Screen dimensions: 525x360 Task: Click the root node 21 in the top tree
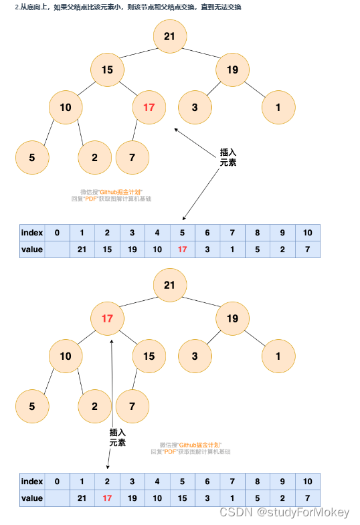point(169,36)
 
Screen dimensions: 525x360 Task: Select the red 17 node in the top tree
point(149,108)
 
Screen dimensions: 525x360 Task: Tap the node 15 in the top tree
point(107,70)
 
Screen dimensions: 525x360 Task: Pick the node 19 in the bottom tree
point(232,318)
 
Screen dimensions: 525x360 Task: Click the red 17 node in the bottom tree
point(107,318)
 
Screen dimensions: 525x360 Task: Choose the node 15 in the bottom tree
point(149,356)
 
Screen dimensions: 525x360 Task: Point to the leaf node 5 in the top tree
point(31,158)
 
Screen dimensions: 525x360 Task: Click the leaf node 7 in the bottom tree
point(132,406)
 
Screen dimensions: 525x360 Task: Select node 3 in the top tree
point(194,108)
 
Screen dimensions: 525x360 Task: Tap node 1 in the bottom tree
point(278,356)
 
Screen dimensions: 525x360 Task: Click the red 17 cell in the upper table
point(183,249)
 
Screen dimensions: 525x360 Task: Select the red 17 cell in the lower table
point(107,498)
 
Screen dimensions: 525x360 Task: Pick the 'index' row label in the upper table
point(32,233)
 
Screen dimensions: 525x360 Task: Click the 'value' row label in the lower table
point(32,498)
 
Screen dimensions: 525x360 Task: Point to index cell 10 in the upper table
point(308,233)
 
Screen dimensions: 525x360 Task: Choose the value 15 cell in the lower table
point(183,498)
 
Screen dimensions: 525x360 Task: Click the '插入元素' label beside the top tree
point(228,157)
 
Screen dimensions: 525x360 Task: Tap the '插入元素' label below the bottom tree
point(117,438)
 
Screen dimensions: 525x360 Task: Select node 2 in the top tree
point(94,158)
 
